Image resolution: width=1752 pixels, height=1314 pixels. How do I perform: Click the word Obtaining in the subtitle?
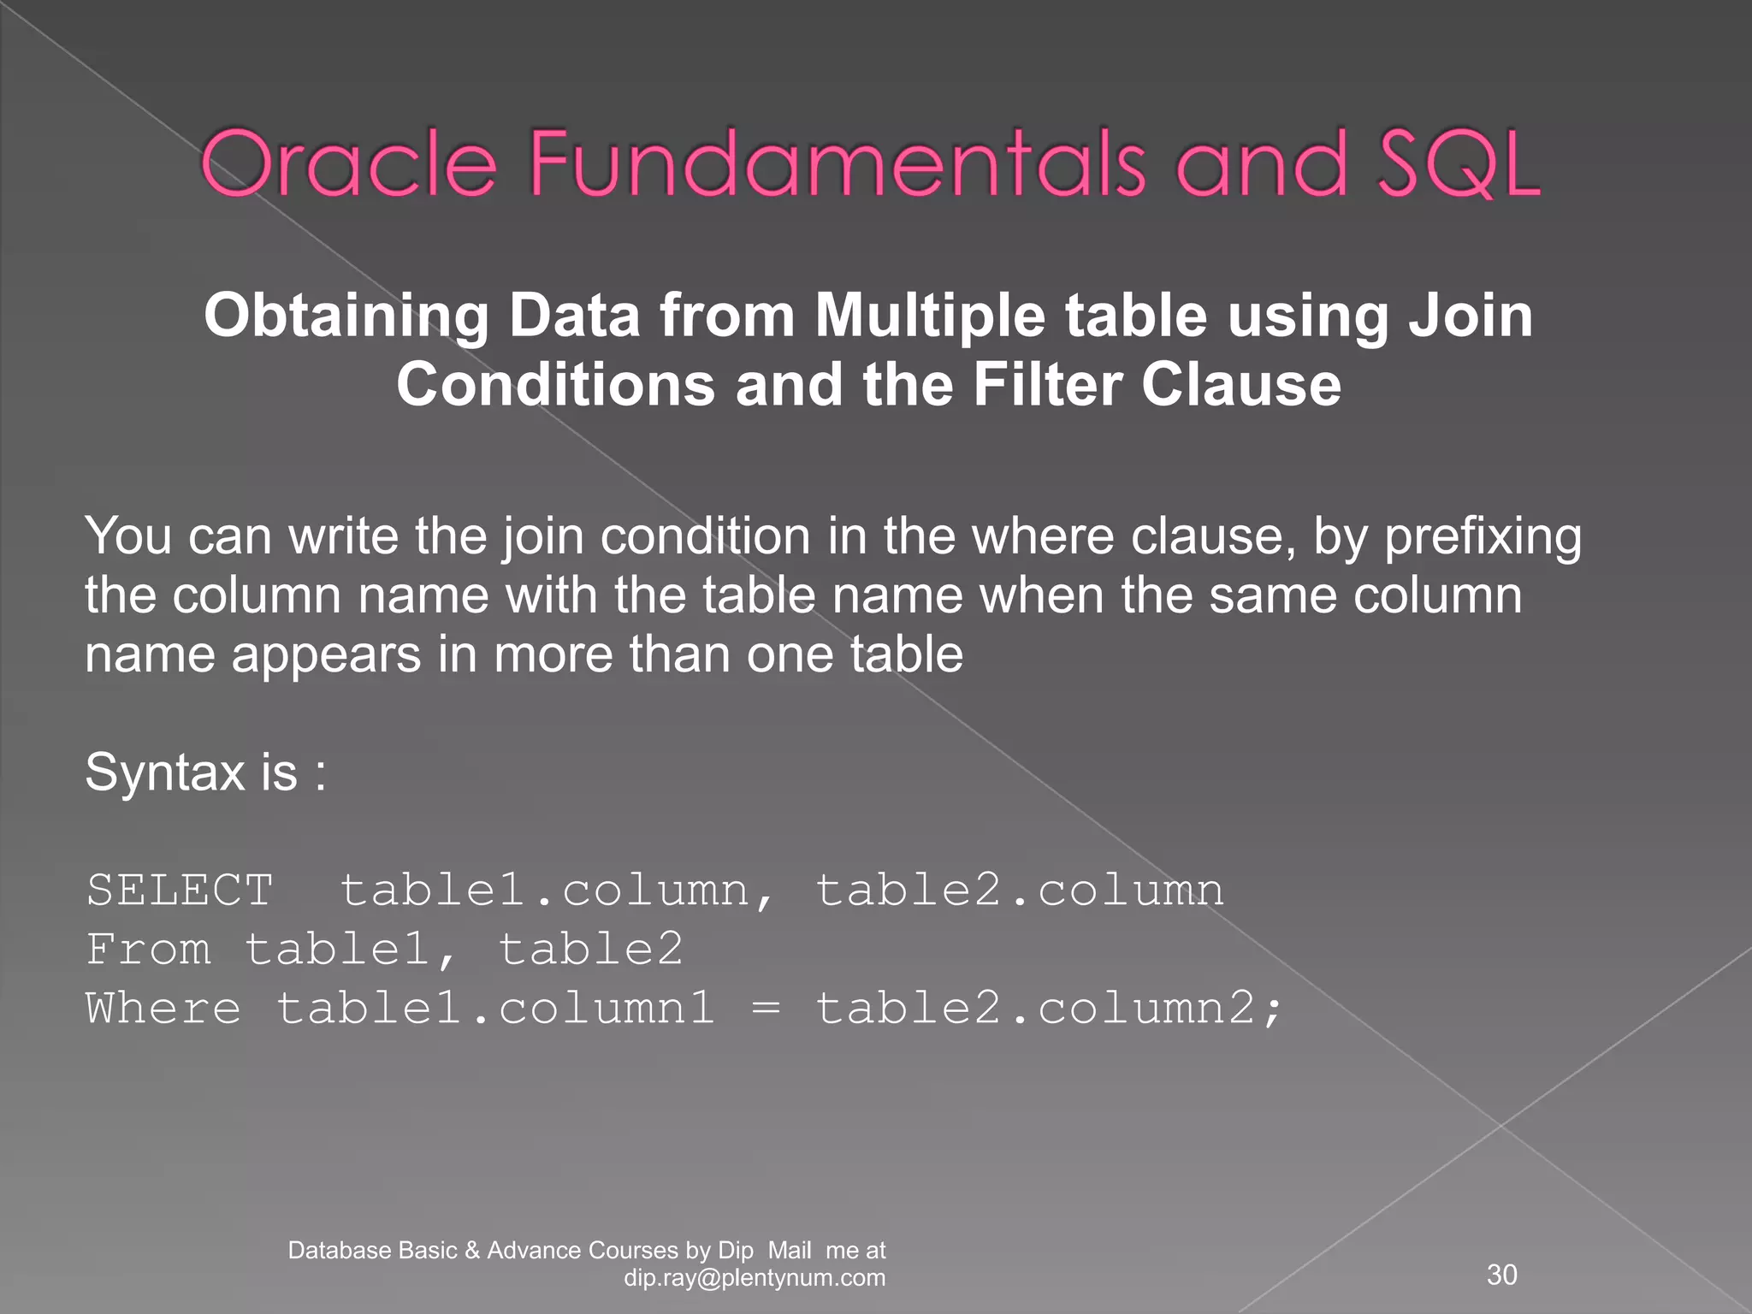346,317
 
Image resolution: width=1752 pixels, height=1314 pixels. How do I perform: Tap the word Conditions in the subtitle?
555,384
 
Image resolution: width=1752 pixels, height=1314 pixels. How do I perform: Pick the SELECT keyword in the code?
180,890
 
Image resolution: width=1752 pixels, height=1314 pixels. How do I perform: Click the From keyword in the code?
149,950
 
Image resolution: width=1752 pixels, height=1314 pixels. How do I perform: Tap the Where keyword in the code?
163,1008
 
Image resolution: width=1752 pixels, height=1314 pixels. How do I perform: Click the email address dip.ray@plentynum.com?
755,1278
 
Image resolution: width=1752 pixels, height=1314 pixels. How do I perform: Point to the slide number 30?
1502,1275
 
